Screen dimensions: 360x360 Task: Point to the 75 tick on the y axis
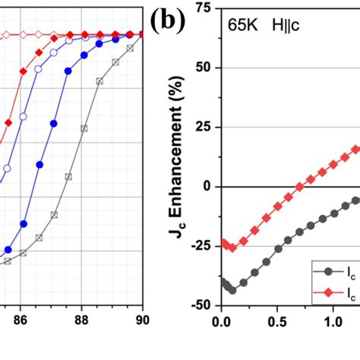click(x=203, y=8)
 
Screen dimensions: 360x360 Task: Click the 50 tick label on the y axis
click(x=203, y=67)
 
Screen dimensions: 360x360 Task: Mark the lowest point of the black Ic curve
click(x=232, y=291)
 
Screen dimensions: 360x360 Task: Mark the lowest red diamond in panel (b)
click(x=232, y=248)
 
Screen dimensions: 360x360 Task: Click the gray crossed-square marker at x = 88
click(x=84, y=128)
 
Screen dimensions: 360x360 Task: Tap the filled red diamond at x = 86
click(x=23, y=71)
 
